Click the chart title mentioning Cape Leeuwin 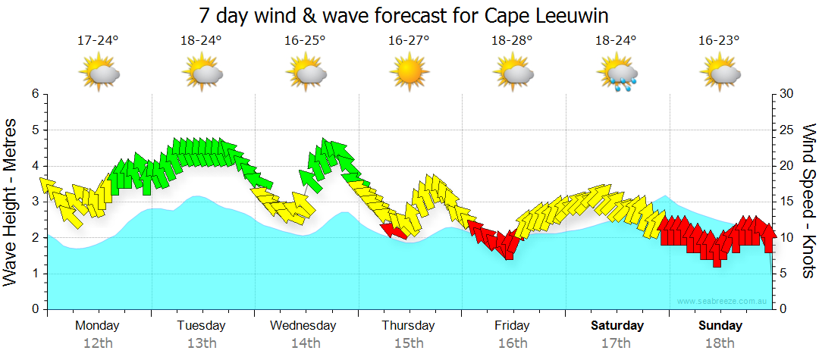(x=403, y=15)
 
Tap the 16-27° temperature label (x=409, y=41)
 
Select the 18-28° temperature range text (x=513, y=41)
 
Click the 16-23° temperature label (x=720, y=41)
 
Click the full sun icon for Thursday (x=409, y=74)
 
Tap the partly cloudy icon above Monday (x=99, y=74)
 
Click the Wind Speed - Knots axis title (x=808, y=201)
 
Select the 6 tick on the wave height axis (x=35, y=94)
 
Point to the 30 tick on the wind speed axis (x=786, y=94)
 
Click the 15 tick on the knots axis (x=786, y=202)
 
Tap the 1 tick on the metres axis (x=35, y=274)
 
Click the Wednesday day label (x=303, y=326)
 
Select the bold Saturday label (x=617, y=326)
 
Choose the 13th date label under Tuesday (x=201, y=343)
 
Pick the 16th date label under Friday (x=513, y=343)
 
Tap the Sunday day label (x=720, y=326)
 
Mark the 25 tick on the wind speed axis (x=786, y=130)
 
